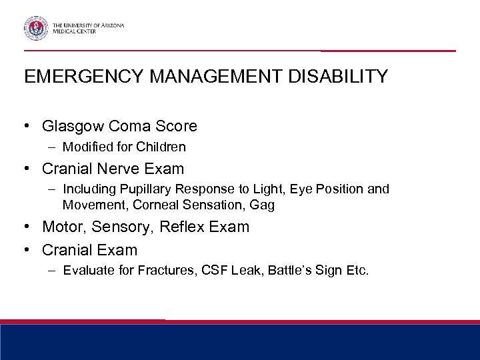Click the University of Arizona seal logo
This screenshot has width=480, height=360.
[x=35, y=29]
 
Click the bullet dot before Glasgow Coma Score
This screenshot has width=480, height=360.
[x=29, y=125]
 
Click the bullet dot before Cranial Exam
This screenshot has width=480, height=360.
[x=29, y=251]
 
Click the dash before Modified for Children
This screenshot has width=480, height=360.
[x=54, y=147]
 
